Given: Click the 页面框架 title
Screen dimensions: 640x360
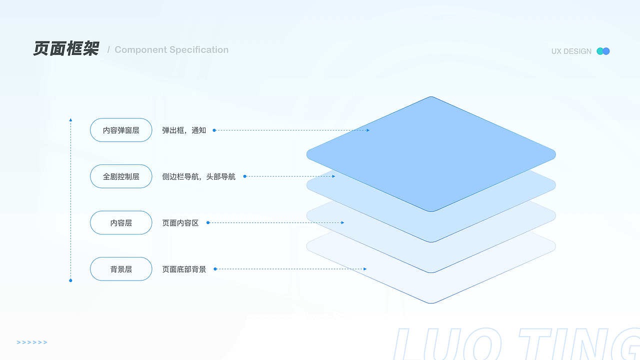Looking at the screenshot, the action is coord(66,48).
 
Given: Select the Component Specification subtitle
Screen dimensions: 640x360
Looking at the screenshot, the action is coord(171,49).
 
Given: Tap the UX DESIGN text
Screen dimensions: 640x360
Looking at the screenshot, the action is coord(571,51).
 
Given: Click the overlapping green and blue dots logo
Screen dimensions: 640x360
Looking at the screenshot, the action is coord(603,51).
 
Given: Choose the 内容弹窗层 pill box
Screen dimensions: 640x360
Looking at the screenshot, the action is coord(121,130).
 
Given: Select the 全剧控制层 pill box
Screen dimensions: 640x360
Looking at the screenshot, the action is coord(121,176).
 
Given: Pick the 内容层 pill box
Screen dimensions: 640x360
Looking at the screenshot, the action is coord(121,222).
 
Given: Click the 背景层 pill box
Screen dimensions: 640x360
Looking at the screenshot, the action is coord(121,269).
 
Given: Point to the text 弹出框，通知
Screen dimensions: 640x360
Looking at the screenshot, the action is coord(184,130).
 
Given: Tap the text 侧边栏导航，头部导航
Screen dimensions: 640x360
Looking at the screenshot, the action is coord(199,176).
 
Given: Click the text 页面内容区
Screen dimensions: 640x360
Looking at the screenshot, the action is coord(180,223).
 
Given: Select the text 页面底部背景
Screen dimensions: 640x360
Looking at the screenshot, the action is coord(184,269).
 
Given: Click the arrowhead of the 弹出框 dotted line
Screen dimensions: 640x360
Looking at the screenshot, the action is coord(368,130).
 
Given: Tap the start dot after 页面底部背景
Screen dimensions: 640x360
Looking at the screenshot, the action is coord(215,269).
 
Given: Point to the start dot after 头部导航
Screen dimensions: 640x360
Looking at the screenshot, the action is coord(245,176).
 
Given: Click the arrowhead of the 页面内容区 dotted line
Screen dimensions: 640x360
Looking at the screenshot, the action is coord(342,222).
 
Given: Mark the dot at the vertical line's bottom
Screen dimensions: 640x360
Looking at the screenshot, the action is coord(70,280).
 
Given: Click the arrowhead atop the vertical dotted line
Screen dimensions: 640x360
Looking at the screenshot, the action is coord(70,120).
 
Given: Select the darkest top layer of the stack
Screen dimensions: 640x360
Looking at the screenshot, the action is coord(431,154).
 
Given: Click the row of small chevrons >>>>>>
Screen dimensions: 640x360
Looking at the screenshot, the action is coord(32,342).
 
